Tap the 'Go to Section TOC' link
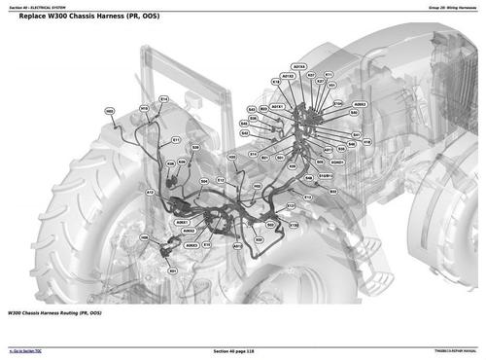click(28, 351)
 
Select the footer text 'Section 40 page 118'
click(242, 351)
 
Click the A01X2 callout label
click(288, 75)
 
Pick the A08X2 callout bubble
click(360, 104)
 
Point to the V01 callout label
click(331, 85)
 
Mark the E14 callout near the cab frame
click(163, 99)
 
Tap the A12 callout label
click(151, 193)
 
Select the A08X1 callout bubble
click(181, 222)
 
